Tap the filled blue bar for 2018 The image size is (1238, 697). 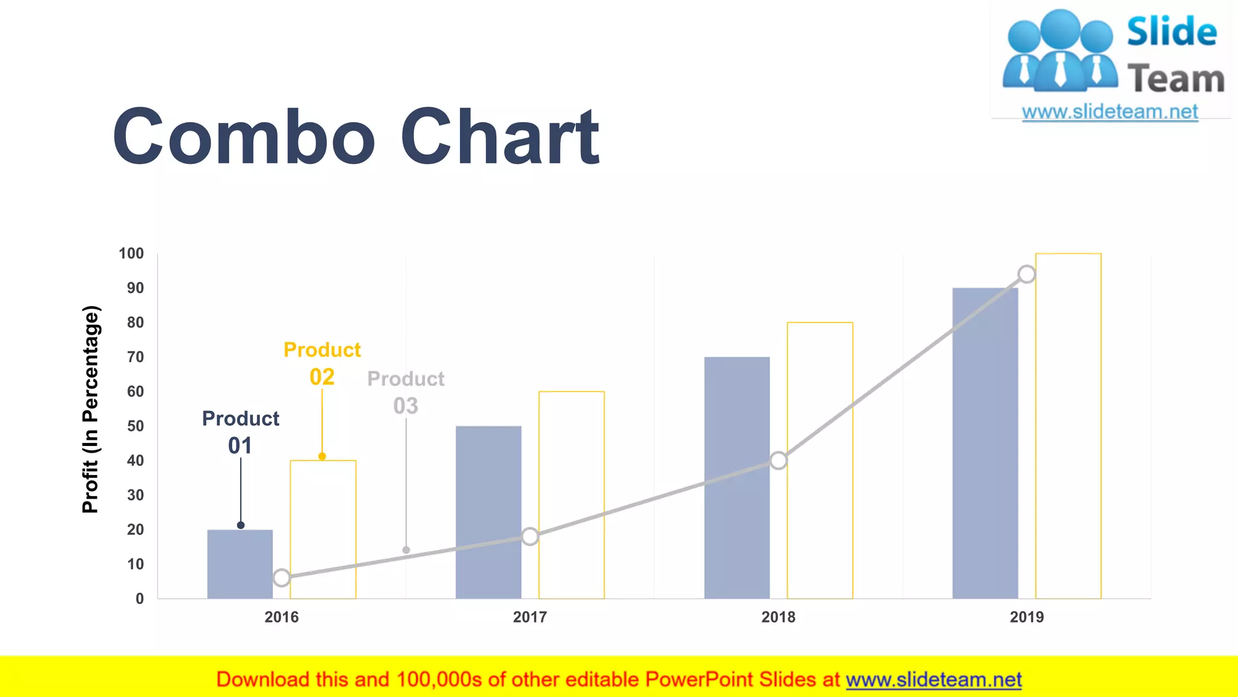pos(737,477)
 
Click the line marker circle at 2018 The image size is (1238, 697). pos(779,460)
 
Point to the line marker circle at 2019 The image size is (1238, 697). pos(1026,274)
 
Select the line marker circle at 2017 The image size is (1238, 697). pos(530,536)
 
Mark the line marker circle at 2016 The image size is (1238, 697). pos(282,577)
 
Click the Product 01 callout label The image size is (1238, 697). pos(241,431)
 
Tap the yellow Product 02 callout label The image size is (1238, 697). pos(322,363)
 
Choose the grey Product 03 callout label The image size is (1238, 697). pos(406,392)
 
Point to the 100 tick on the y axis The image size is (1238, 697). pos(131,254)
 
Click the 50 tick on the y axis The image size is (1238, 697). pos(135,426)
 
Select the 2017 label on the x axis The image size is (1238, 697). pos(530,617)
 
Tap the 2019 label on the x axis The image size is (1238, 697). pos(1026,617)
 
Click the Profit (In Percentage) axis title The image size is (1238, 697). pos(91,410)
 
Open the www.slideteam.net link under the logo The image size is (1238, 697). pos(1109,111)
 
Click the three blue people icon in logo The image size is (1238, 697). pos(1060,51)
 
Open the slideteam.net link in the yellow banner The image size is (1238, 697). pos(933,679)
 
